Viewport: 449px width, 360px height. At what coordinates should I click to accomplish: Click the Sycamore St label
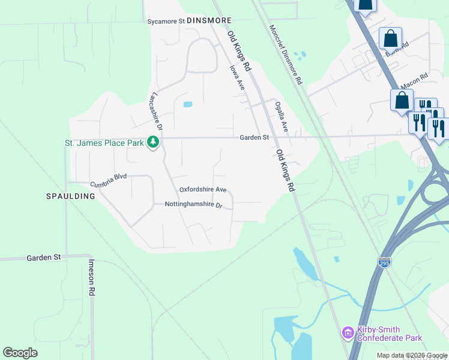coord(166,22)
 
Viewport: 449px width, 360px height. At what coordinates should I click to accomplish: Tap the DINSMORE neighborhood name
coord(209,20)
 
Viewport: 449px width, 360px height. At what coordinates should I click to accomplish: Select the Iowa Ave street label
coord(238,78)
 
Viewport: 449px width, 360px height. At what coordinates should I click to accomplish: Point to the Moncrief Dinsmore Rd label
coord(286,54)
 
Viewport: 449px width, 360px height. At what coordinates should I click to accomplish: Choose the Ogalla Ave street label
coord(282,117)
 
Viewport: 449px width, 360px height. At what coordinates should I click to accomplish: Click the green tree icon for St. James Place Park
coord(154,142)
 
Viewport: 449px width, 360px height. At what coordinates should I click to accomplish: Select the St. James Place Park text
coord(104,143)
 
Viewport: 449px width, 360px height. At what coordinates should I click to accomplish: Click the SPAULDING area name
coord(71,196)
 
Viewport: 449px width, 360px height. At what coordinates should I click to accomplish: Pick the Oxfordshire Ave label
coord(203,190)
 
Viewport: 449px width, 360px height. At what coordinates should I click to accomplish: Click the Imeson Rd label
coord(92,277)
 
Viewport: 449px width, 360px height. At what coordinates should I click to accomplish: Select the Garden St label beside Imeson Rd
coord(44,257)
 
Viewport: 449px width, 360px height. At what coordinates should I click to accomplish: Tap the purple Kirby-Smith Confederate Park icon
coord(347,332)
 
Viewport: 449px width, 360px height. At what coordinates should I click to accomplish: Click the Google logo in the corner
coord(20,352)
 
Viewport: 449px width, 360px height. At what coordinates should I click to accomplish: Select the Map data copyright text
coord(412,356)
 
